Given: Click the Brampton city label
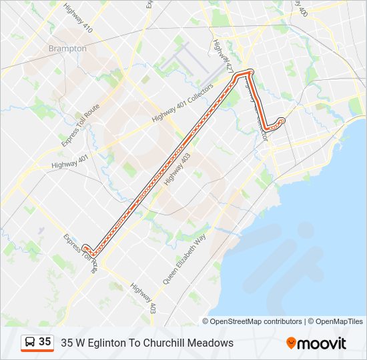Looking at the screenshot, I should tap(67, 49).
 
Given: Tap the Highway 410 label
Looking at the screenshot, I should tap(78, 19).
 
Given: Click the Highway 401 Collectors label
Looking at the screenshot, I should tap(181, 103).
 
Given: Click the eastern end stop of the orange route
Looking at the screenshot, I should tap(281, 121).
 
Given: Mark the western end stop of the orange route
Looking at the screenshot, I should tap(85, 247).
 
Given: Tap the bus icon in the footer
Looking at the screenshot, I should tap(30, 342).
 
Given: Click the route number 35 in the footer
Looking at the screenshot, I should tap(45, 342).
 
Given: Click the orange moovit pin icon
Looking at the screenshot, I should tap(291, 343).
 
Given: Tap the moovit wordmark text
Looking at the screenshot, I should tap(322, 343).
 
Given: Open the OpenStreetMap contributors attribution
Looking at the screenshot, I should tap(256, 321).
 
